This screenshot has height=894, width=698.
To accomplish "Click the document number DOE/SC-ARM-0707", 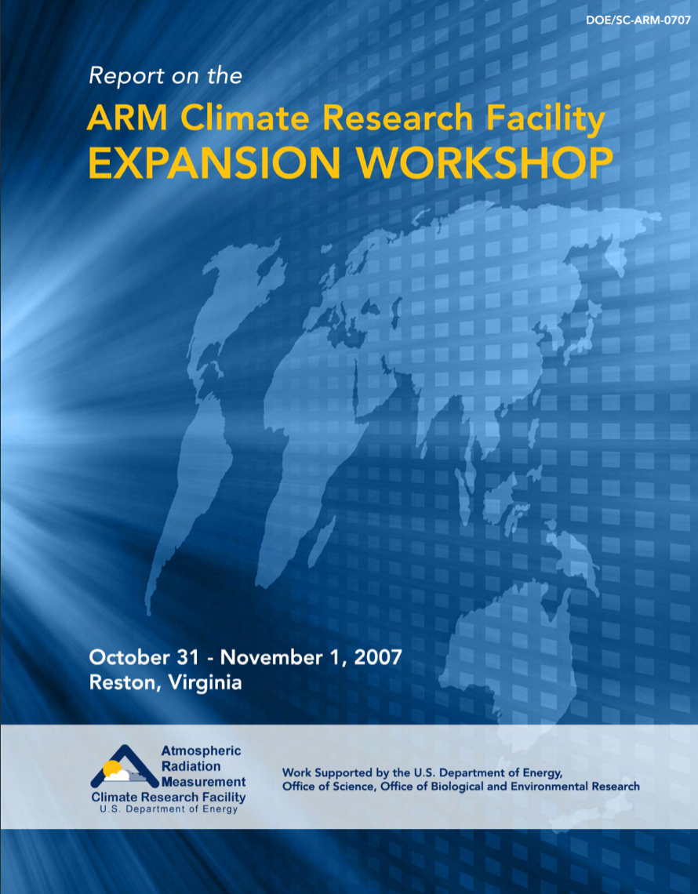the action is pos(638,20).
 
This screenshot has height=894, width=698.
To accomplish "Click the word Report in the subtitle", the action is pos(118,76).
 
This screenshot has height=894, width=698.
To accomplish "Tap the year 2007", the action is pos(377,657).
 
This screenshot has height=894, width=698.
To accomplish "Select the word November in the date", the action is pos(273,657).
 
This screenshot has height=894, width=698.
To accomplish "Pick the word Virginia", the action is pos(205,683).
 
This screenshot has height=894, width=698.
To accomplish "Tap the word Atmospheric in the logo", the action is pos(201,751).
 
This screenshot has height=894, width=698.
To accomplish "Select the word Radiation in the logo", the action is pos(191,766).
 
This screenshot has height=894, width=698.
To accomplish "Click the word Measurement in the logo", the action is pos(204,781).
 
